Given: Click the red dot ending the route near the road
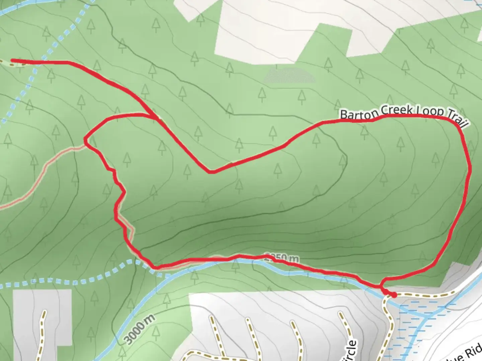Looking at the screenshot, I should point(394,295).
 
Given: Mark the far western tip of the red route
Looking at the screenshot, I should point(13,61).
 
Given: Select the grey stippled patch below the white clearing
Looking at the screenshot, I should point(290,76).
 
